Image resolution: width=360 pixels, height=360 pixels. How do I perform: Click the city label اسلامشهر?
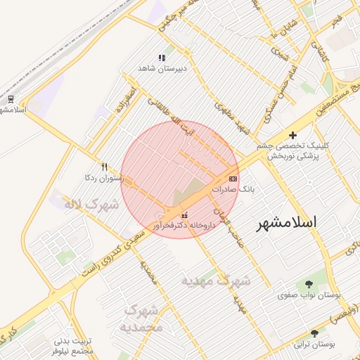pyautogui.click(x=286, y=222)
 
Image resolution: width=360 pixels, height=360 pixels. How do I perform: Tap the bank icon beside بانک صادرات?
pyautogui.click(x=233, y=179)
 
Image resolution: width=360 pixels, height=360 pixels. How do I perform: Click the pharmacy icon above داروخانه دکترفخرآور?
pyautogui.click(x=184, y=215)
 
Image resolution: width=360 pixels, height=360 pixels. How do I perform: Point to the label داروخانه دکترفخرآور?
pyautogui.click(x=185, y=226)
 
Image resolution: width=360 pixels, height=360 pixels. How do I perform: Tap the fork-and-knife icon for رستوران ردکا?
pyautogui.click(x=104, y=167)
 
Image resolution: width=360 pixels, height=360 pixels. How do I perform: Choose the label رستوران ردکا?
pyautogui.click(x=104, y=178)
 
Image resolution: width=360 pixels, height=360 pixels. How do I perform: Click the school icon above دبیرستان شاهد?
pyautogui.click(x=162, y=58)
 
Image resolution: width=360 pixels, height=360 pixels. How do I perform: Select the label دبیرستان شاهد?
pyautogui.click(x=162, y=69)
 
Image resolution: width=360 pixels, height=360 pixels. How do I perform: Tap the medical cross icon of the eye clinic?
pyautogui.click(x=292, y=135)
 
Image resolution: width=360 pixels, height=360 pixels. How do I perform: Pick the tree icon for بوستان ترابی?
pyautogui.click(x=314, y=333)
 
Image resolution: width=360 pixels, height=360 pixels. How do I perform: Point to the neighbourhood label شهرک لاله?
pyautogui.click(x=91, y=205)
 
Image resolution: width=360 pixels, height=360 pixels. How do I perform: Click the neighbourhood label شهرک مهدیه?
pyautogui.click(x=216, y=281)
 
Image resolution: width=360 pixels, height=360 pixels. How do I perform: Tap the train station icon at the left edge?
pyautogui.click(x=11, y=98)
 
